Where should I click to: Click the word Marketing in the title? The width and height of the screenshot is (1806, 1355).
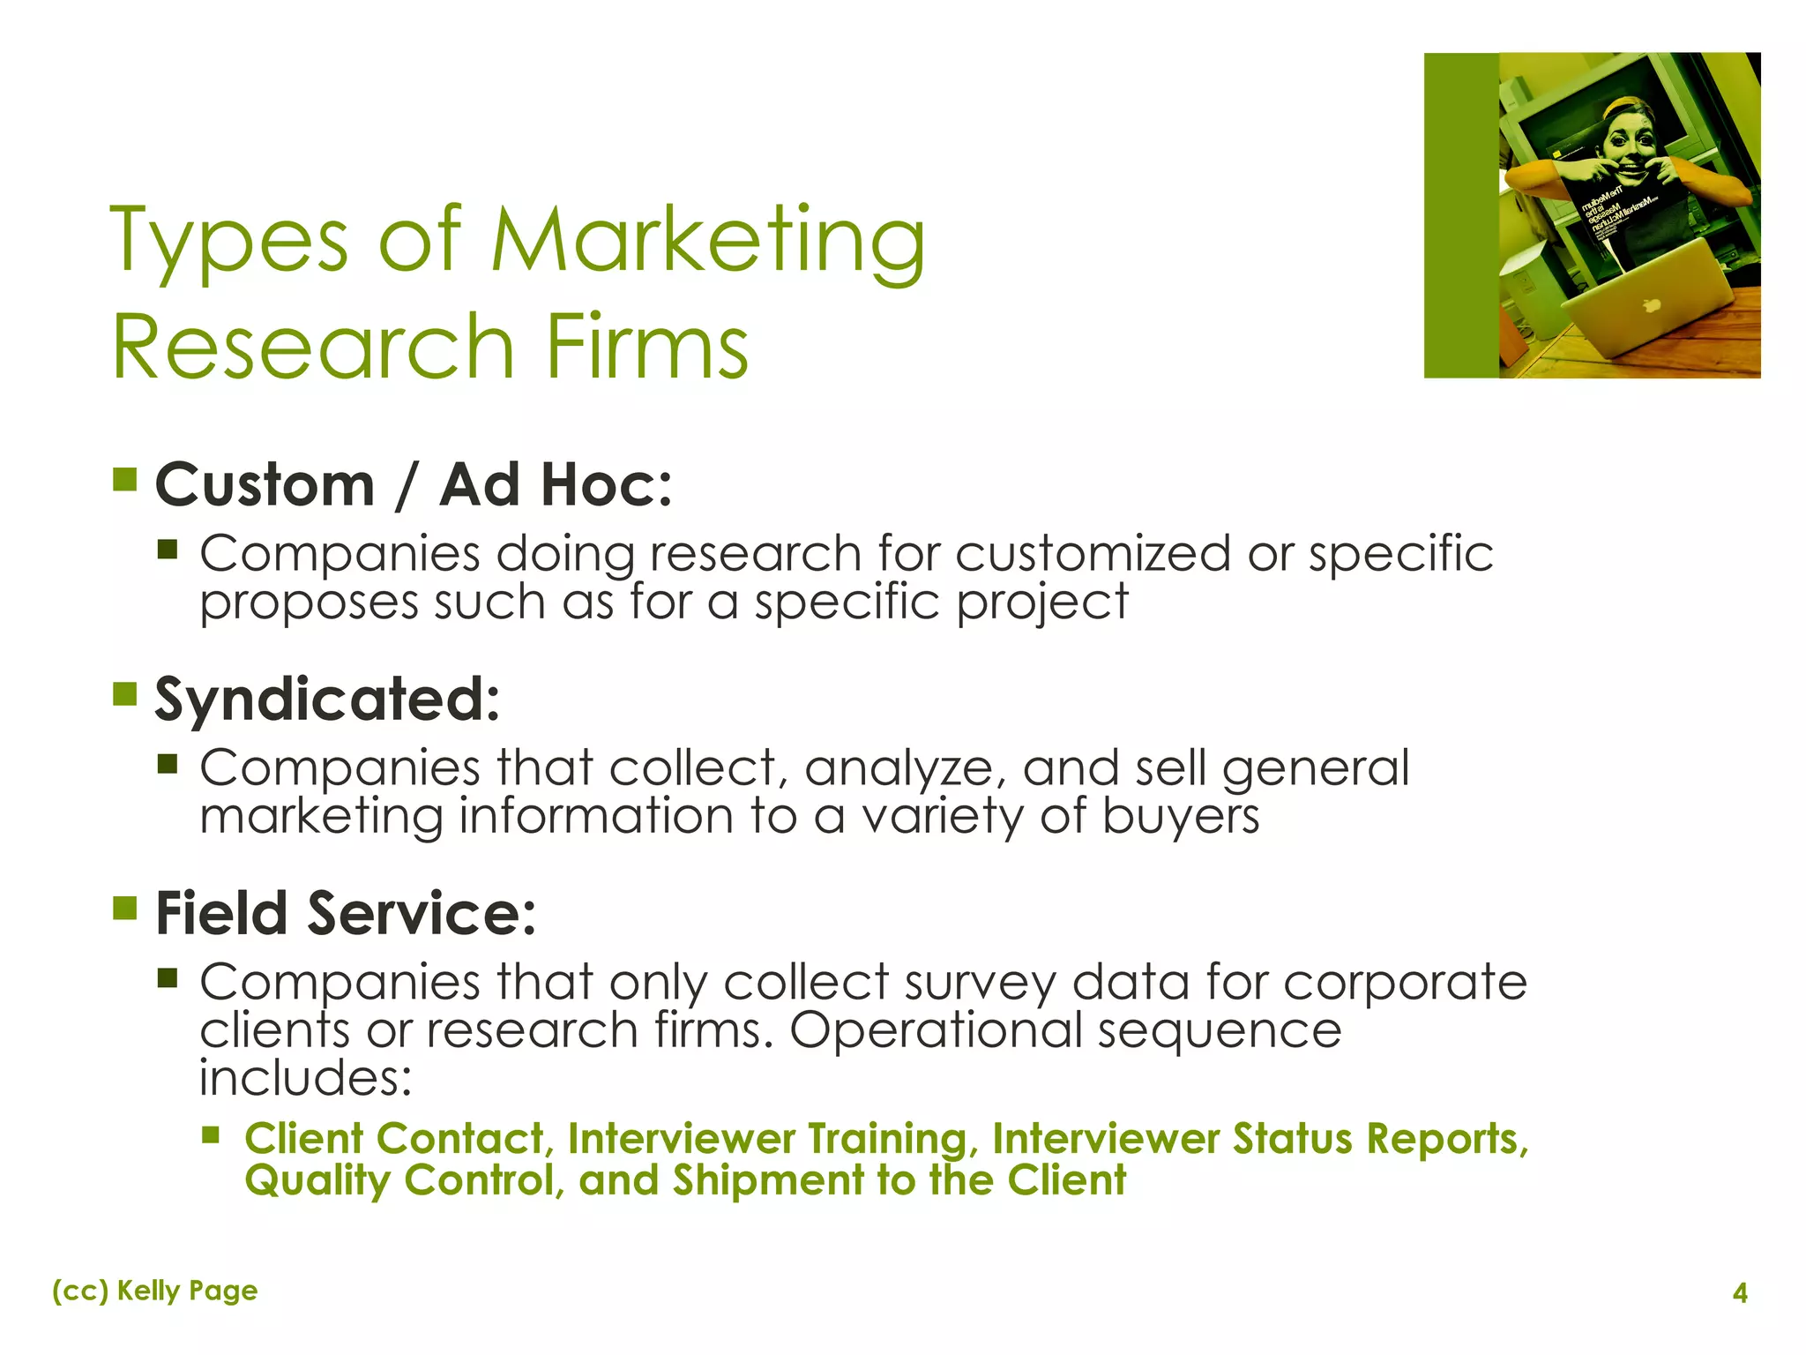707,240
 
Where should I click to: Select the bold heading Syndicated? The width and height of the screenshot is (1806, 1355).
327,699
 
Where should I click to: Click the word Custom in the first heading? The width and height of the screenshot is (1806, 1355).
265,485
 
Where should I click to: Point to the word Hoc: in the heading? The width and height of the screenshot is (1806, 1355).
606,485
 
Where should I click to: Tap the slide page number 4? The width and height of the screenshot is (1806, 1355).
1739,1293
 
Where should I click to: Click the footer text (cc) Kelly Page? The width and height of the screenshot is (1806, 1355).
155,1291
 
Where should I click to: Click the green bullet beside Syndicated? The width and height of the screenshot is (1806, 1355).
125,693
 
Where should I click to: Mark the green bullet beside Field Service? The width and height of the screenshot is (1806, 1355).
125,907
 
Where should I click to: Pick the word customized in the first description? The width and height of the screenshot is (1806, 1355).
1093,554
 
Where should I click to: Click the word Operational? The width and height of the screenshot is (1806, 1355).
936,1029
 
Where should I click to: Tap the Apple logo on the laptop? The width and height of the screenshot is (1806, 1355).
1652,306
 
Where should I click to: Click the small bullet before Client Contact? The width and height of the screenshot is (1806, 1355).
210,1134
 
